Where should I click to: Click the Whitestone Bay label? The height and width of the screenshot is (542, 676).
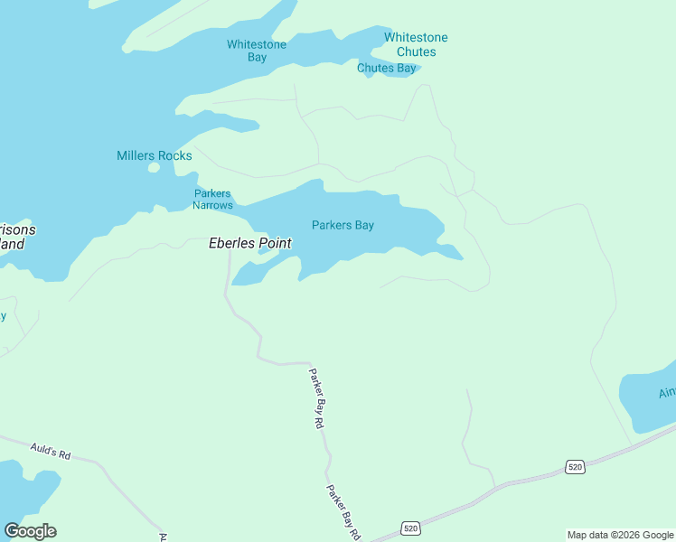(257, 51)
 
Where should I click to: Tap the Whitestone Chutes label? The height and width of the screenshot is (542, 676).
(416, 44)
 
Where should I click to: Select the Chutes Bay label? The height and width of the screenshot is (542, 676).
(386, 68)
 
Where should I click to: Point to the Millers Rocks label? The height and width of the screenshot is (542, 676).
(155, 155)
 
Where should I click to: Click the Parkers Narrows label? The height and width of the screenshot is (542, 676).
(212, 199)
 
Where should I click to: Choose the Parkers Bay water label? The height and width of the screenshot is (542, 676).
(343, 225)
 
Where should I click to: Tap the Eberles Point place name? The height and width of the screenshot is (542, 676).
(250, 243)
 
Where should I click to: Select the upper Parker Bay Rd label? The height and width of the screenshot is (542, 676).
(315, 397)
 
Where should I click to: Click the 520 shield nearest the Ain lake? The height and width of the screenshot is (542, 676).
(576, 466)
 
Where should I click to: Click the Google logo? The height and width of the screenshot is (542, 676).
(30, 531)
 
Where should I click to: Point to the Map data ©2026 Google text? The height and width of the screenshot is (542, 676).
(619, 535)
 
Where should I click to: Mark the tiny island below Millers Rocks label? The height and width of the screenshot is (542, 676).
(154, 168)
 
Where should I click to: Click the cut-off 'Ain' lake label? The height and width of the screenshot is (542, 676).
(667, 392)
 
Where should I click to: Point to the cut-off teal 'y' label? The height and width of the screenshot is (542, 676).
(4, 315)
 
